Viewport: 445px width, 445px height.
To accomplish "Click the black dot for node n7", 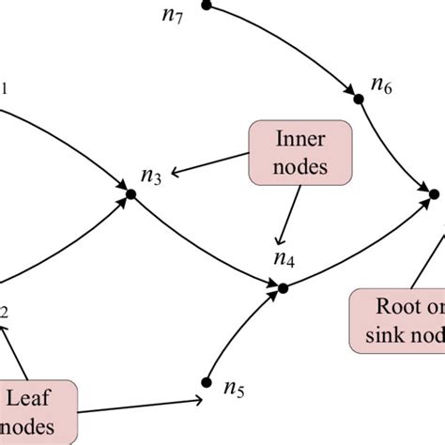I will pos(207,6).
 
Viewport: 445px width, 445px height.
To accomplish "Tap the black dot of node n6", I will pos(358,97).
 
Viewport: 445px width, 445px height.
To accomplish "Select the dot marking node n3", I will pos(131,193).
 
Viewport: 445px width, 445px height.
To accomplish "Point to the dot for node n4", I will pos(283,287).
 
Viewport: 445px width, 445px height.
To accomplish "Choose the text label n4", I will pos(284,258).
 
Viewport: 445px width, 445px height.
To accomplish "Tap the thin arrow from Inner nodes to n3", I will pos(211,165).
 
